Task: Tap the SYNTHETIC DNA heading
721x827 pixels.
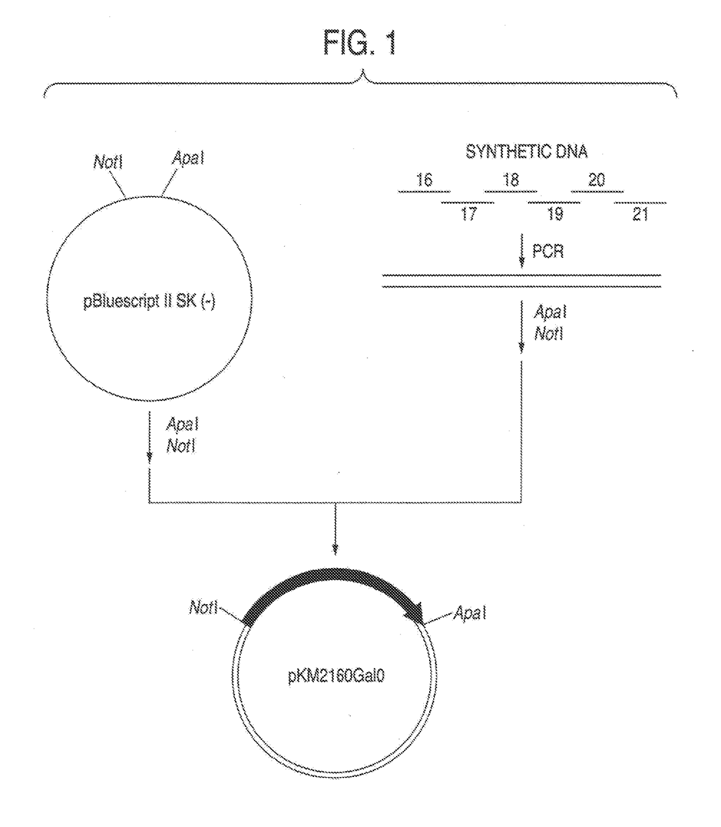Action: coord(526,152)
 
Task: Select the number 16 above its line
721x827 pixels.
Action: coord(424,180)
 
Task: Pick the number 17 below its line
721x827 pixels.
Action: coord(469,214)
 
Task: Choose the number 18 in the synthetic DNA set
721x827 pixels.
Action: coord(511,180)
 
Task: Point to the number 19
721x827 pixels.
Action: coord(555,214)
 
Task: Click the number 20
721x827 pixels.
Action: coord(597,180)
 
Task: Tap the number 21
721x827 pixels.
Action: coord(640,214)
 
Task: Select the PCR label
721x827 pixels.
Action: coord(548,252)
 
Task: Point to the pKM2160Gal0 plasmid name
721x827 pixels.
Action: coord(336,677)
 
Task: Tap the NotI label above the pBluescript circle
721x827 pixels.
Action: coord(108,161)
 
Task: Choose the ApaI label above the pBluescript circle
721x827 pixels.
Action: coord(188,158)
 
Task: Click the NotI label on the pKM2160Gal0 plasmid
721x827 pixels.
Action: coord(203,608)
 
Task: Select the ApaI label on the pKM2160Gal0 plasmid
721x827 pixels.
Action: coord(470,613)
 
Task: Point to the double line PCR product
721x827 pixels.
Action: coord(522,281)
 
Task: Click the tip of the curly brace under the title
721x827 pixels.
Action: coord(363,73)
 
